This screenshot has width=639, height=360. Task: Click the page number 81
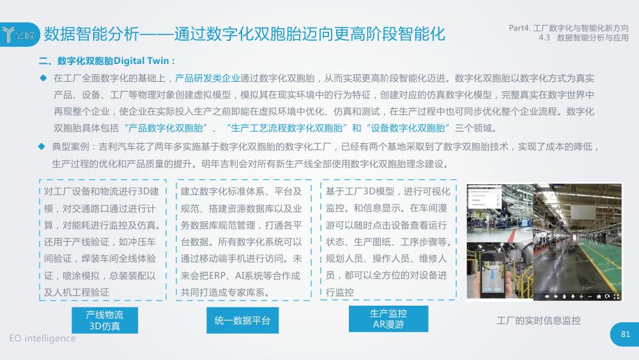click(x=625, y=334)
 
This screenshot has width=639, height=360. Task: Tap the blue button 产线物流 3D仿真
click(x=105, y=320)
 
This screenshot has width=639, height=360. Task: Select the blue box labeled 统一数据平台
click(x=242, y=320)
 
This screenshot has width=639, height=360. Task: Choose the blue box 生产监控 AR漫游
click(x=389, y=319)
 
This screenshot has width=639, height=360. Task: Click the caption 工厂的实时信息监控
click(x=538, y=320)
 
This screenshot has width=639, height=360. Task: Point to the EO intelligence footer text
click(x=42, y=338)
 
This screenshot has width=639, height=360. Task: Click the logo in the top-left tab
click(x=19, y=35)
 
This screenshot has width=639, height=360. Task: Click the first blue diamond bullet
click(x=43, y=77)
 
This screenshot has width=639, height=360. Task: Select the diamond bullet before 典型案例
click(x=41, y=146)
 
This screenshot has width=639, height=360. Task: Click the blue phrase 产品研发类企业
click(x=208, y=78)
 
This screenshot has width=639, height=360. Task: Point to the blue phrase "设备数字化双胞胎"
click(x=408, y=128)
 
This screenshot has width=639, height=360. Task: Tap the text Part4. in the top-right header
click(x=520, y=28)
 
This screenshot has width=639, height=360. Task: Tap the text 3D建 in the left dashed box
click(x=148, y=192)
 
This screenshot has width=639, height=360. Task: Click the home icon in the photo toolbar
click(x=599, y=297)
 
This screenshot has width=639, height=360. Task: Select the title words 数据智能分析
click(x=91, y=34)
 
